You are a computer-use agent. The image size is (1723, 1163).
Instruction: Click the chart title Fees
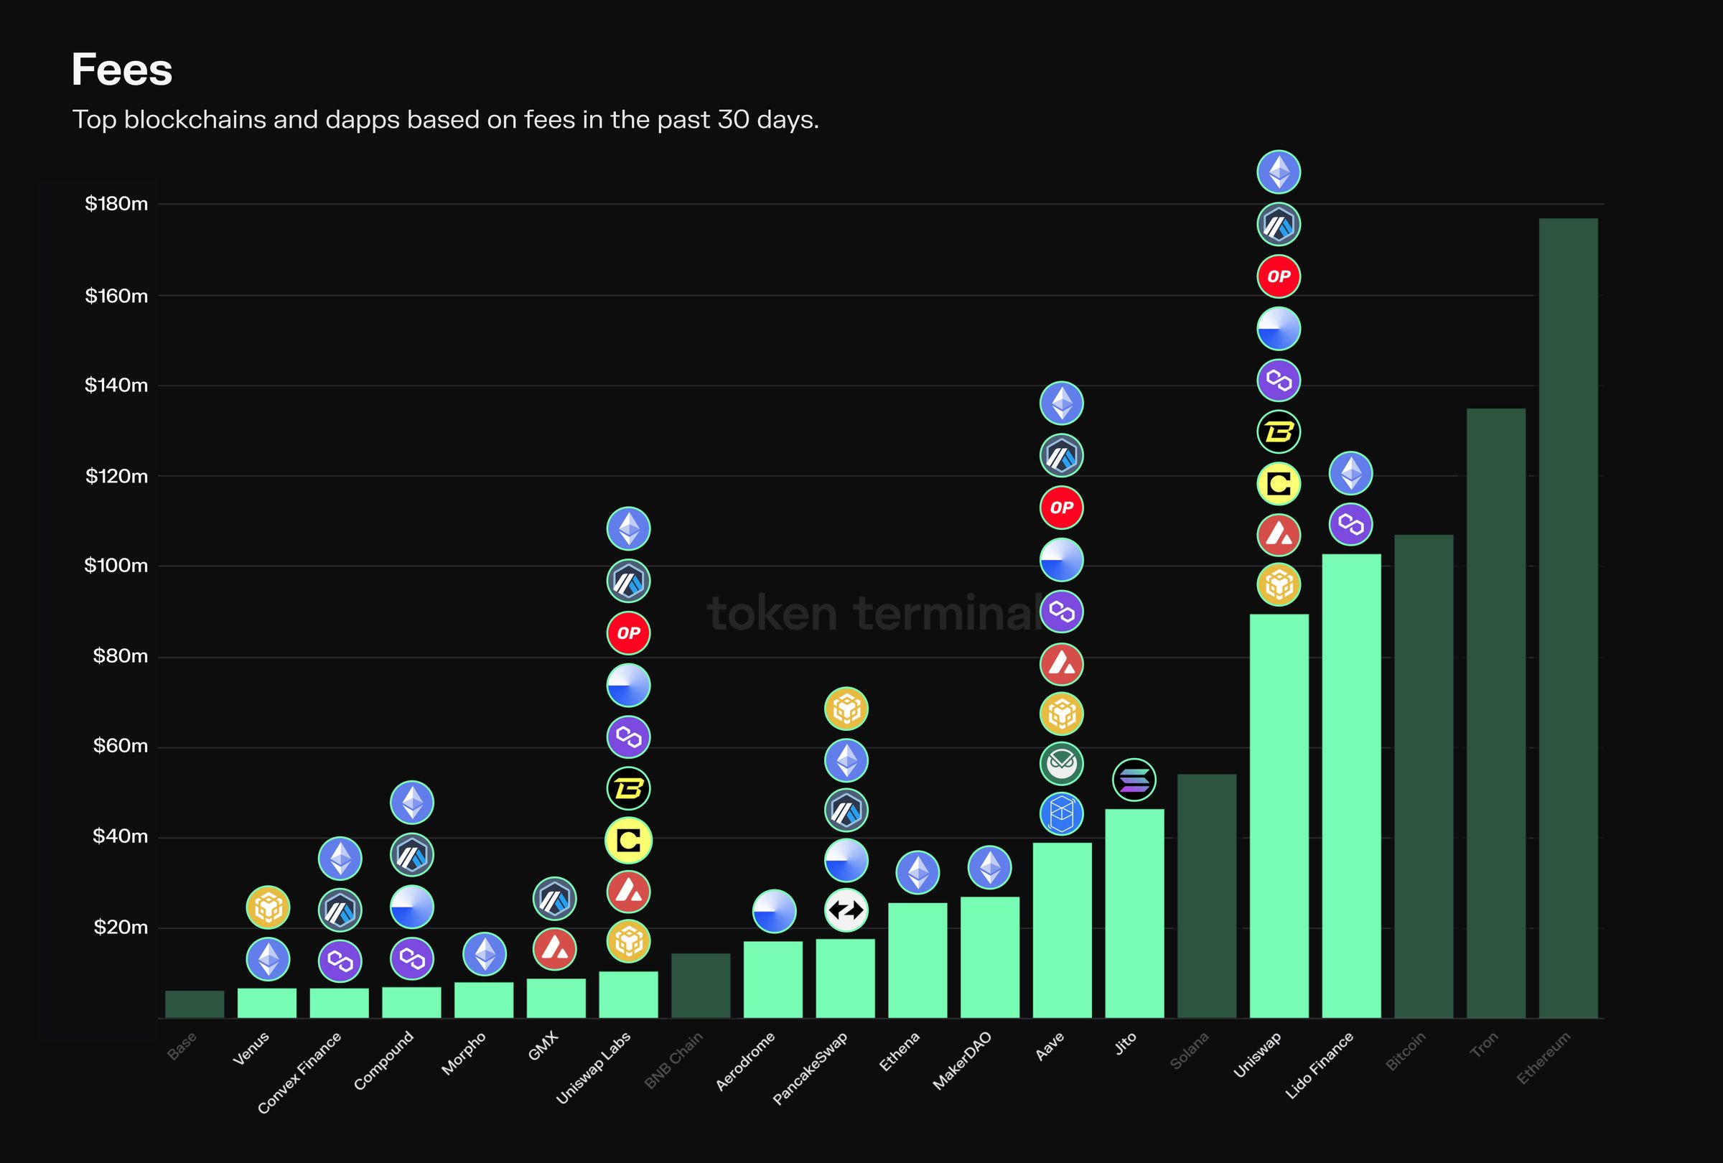point(121,70)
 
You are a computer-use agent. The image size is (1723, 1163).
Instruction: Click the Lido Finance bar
point(1351,785)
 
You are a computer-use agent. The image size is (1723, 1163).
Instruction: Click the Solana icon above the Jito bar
point(1134,780)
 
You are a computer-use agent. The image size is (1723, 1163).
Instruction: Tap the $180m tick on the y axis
point(116,204)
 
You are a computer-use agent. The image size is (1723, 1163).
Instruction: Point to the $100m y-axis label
point(116,566)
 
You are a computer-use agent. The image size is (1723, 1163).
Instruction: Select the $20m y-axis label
point(120,928)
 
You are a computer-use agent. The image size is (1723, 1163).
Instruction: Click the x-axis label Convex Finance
point(299,1073)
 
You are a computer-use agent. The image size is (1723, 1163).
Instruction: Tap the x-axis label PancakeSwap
point(811,1068)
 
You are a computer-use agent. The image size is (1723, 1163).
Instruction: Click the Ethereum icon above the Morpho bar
point(484,953)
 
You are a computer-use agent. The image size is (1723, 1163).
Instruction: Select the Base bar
point(195,1004)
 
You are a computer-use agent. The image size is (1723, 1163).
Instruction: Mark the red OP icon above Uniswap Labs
point(628,633)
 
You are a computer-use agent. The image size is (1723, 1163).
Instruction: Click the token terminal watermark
point(875,613)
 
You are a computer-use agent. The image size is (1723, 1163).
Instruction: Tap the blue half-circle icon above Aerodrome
point(773,911)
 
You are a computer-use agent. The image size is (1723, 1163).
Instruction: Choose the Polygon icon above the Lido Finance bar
point(1351,525)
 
